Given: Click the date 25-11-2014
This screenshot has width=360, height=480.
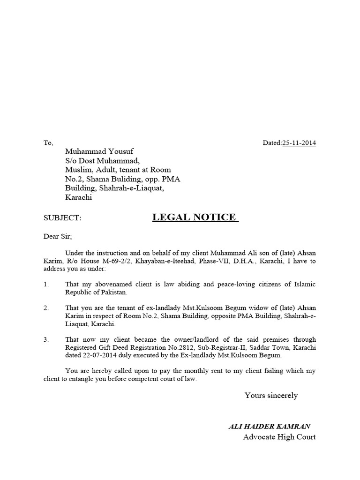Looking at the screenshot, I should (x=299, y=142).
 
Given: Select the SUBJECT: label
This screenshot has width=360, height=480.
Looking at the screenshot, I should (x=62, y=218).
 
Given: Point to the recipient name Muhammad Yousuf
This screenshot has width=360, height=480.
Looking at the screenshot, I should (x=99, y=151).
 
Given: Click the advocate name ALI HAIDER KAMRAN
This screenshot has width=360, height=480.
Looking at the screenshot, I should (x=269, y=426).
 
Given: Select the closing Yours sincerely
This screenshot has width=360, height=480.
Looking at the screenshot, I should (x=271, y=395).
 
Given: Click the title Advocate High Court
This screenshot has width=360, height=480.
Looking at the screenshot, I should (x=279, y=437).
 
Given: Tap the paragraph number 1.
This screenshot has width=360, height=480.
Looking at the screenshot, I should (x=46, y=284).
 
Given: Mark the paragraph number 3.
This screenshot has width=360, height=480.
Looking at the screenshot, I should (x=46, y=339).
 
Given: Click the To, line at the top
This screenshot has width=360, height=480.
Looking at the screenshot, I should (x=49, y=142).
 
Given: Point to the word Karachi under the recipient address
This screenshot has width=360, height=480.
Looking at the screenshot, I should (x=79, y=197).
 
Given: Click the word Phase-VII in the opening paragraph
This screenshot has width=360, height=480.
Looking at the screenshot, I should (x=227, y=262).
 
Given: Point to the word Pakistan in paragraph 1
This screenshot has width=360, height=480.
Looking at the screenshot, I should (x=113, y=292).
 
